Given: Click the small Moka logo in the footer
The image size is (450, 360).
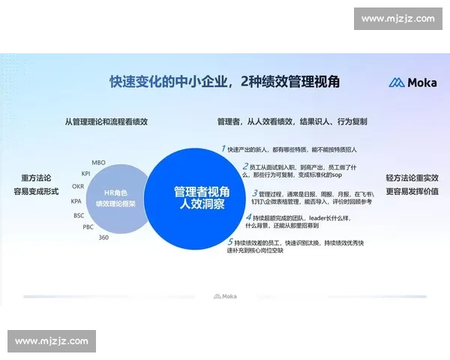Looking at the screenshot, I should click(225, 296).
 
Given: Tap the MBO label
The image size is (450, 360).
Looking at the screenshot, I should click(98, 162).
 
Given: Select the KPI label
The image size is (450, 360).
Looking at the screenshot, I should click(86, 173).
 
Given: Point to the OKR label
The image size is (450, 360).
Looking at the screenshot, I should click(78, 186).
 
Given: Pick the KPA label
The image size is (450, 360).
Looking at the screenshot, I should click(76, 201).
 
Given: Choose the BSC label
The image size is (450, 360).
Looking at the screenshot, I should click(79, 215).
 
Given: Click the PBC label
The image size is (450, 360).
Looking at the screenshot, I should click(88, 226).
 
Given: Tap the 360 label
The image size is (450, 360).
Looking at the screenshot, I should click(104, 237).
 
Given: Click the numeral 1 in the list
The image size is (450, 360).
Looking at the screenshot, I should click(223, 148).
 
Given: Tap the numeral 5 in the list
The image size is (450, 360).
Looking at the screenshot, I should click(230, 241).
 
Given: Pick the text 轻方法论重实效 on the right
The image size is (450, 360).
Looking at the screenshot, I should click(412, 178).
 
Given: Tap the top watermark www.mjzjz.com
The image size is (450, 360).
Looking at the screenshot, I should click(397, 19).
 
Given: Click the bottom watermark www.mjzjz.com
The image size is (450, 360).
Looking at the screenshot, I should click(51, 341).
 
